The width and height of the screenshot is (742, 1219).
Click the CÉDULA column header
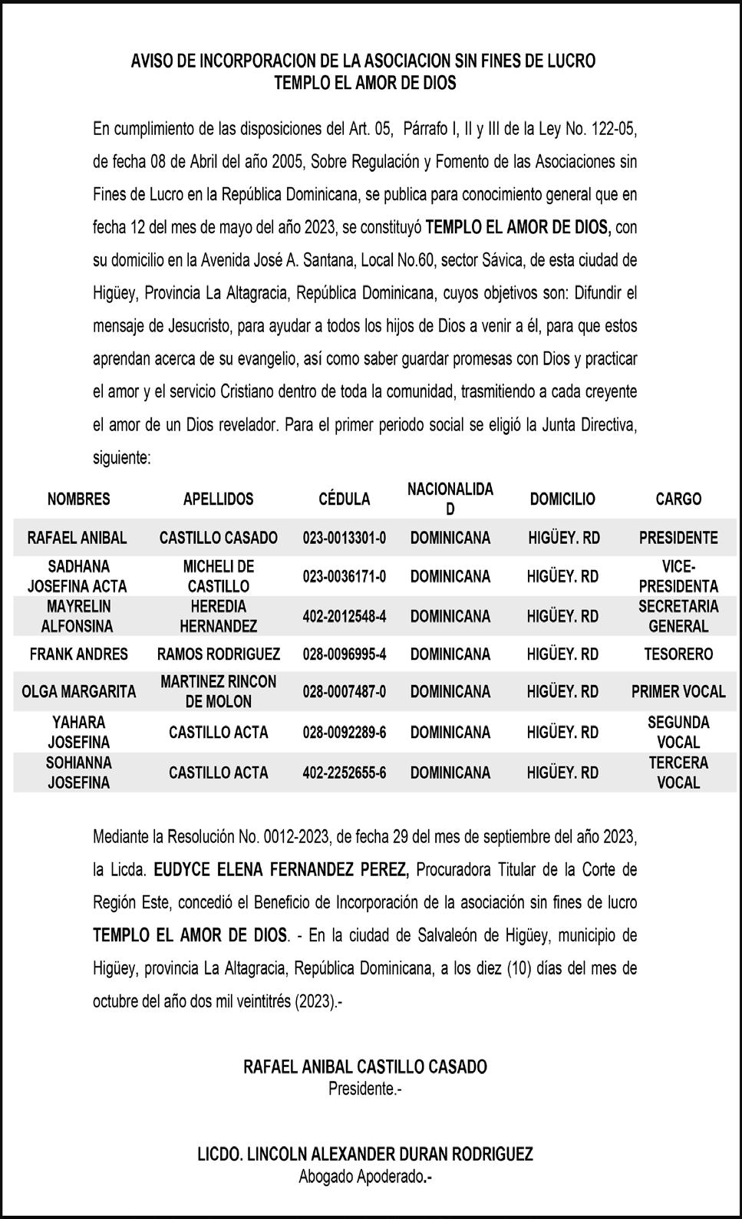[344, 499]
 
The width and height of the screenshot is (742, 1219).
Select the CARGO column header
[678, 499]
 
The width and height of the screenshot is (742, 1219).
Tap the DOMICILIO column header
[562, 499]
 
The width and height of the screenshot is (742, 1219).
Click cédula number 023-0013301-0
[344, 538]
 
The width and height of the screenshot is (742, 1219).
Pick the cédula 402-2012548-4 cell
[344, 616]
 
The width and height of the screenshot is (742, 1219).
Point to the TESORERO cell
[678, 654]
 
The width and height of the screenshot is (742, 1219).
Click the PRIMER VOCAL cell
[678, 692]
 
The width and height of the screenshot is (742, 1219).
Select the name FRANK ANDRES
[78, 654]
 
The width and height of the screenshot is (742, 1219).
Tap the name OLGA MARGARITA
[78, 692]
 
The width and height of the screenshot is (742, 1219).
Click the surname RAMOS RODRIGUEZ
[219, 654]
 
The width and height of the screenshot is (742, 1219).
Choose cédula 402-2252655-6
[344, 773]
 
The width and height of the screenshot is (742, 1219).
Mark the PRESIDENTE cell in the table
[678, 538]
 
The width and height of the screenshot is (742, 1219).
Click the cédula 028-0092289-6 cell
[344, 733]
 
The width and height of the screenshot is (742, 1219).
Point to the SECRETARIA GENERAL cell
[678, 616]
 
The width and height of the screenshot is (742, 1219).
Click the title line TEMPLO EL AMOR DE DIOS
[365, 83]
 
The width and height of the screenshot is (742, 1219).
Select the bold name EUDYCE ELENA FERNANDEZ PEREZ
[282, 870]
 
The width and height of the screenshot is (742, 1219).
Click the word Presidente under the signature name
[364, 1088]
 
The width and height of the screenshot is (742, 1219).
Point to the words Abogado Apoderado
[364, 1177]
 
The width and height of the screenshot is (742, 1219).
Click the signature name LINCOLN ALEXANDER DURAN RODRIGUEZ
[365, 1155]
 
